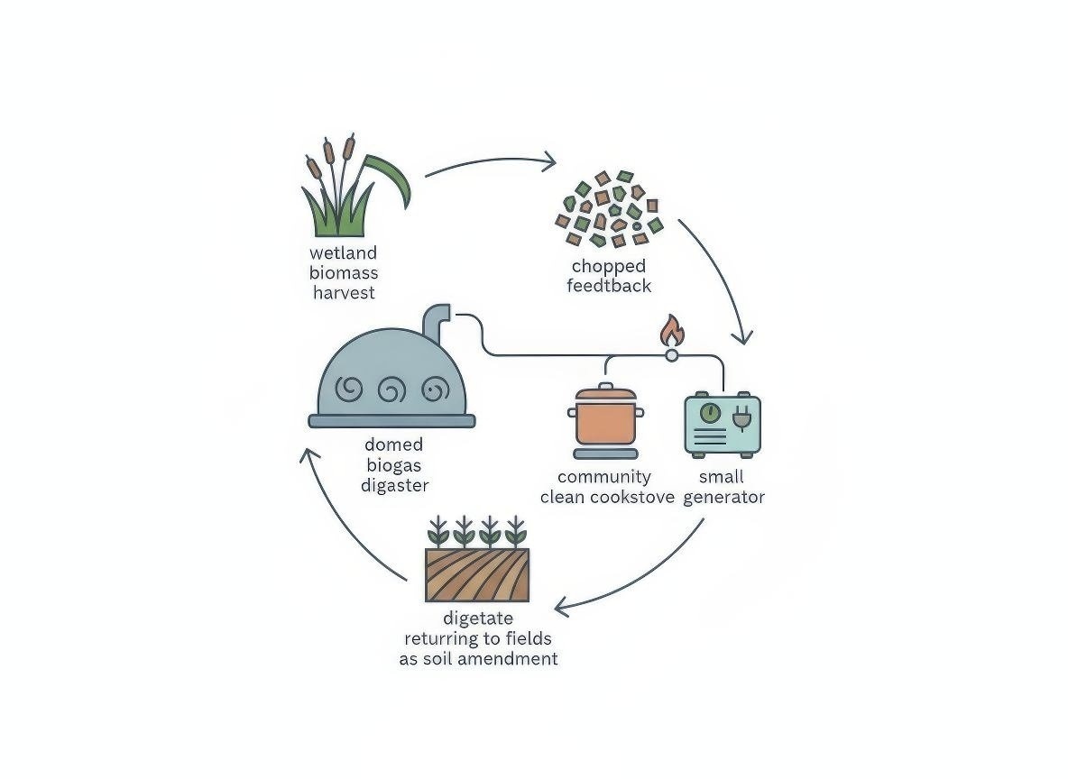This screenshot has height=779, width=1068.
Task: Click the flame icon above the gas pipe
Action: [671, 331]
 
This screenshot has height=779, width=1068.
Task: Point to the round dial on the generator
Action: [710, 413]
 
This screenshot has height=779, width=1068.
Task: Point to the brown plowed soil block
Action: [477, 575]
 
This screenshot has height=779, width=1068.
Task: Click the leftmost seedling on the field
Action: [437, 531]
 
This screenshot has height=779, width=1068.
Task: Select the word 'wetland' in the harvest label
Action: [343, 253]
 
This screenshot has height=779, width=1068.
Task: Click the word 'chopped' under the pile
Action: [609, 267]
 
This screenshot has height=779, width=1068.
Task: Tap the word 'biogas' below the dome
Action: [394, 465]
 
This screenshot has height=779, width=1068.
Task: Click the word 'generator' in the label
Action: [723, 497]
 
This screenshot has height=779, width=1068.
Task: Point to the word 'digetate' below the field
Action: [478, 619]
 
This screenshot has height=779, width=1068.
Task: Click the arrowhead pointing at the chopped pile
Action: [547, 162]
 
